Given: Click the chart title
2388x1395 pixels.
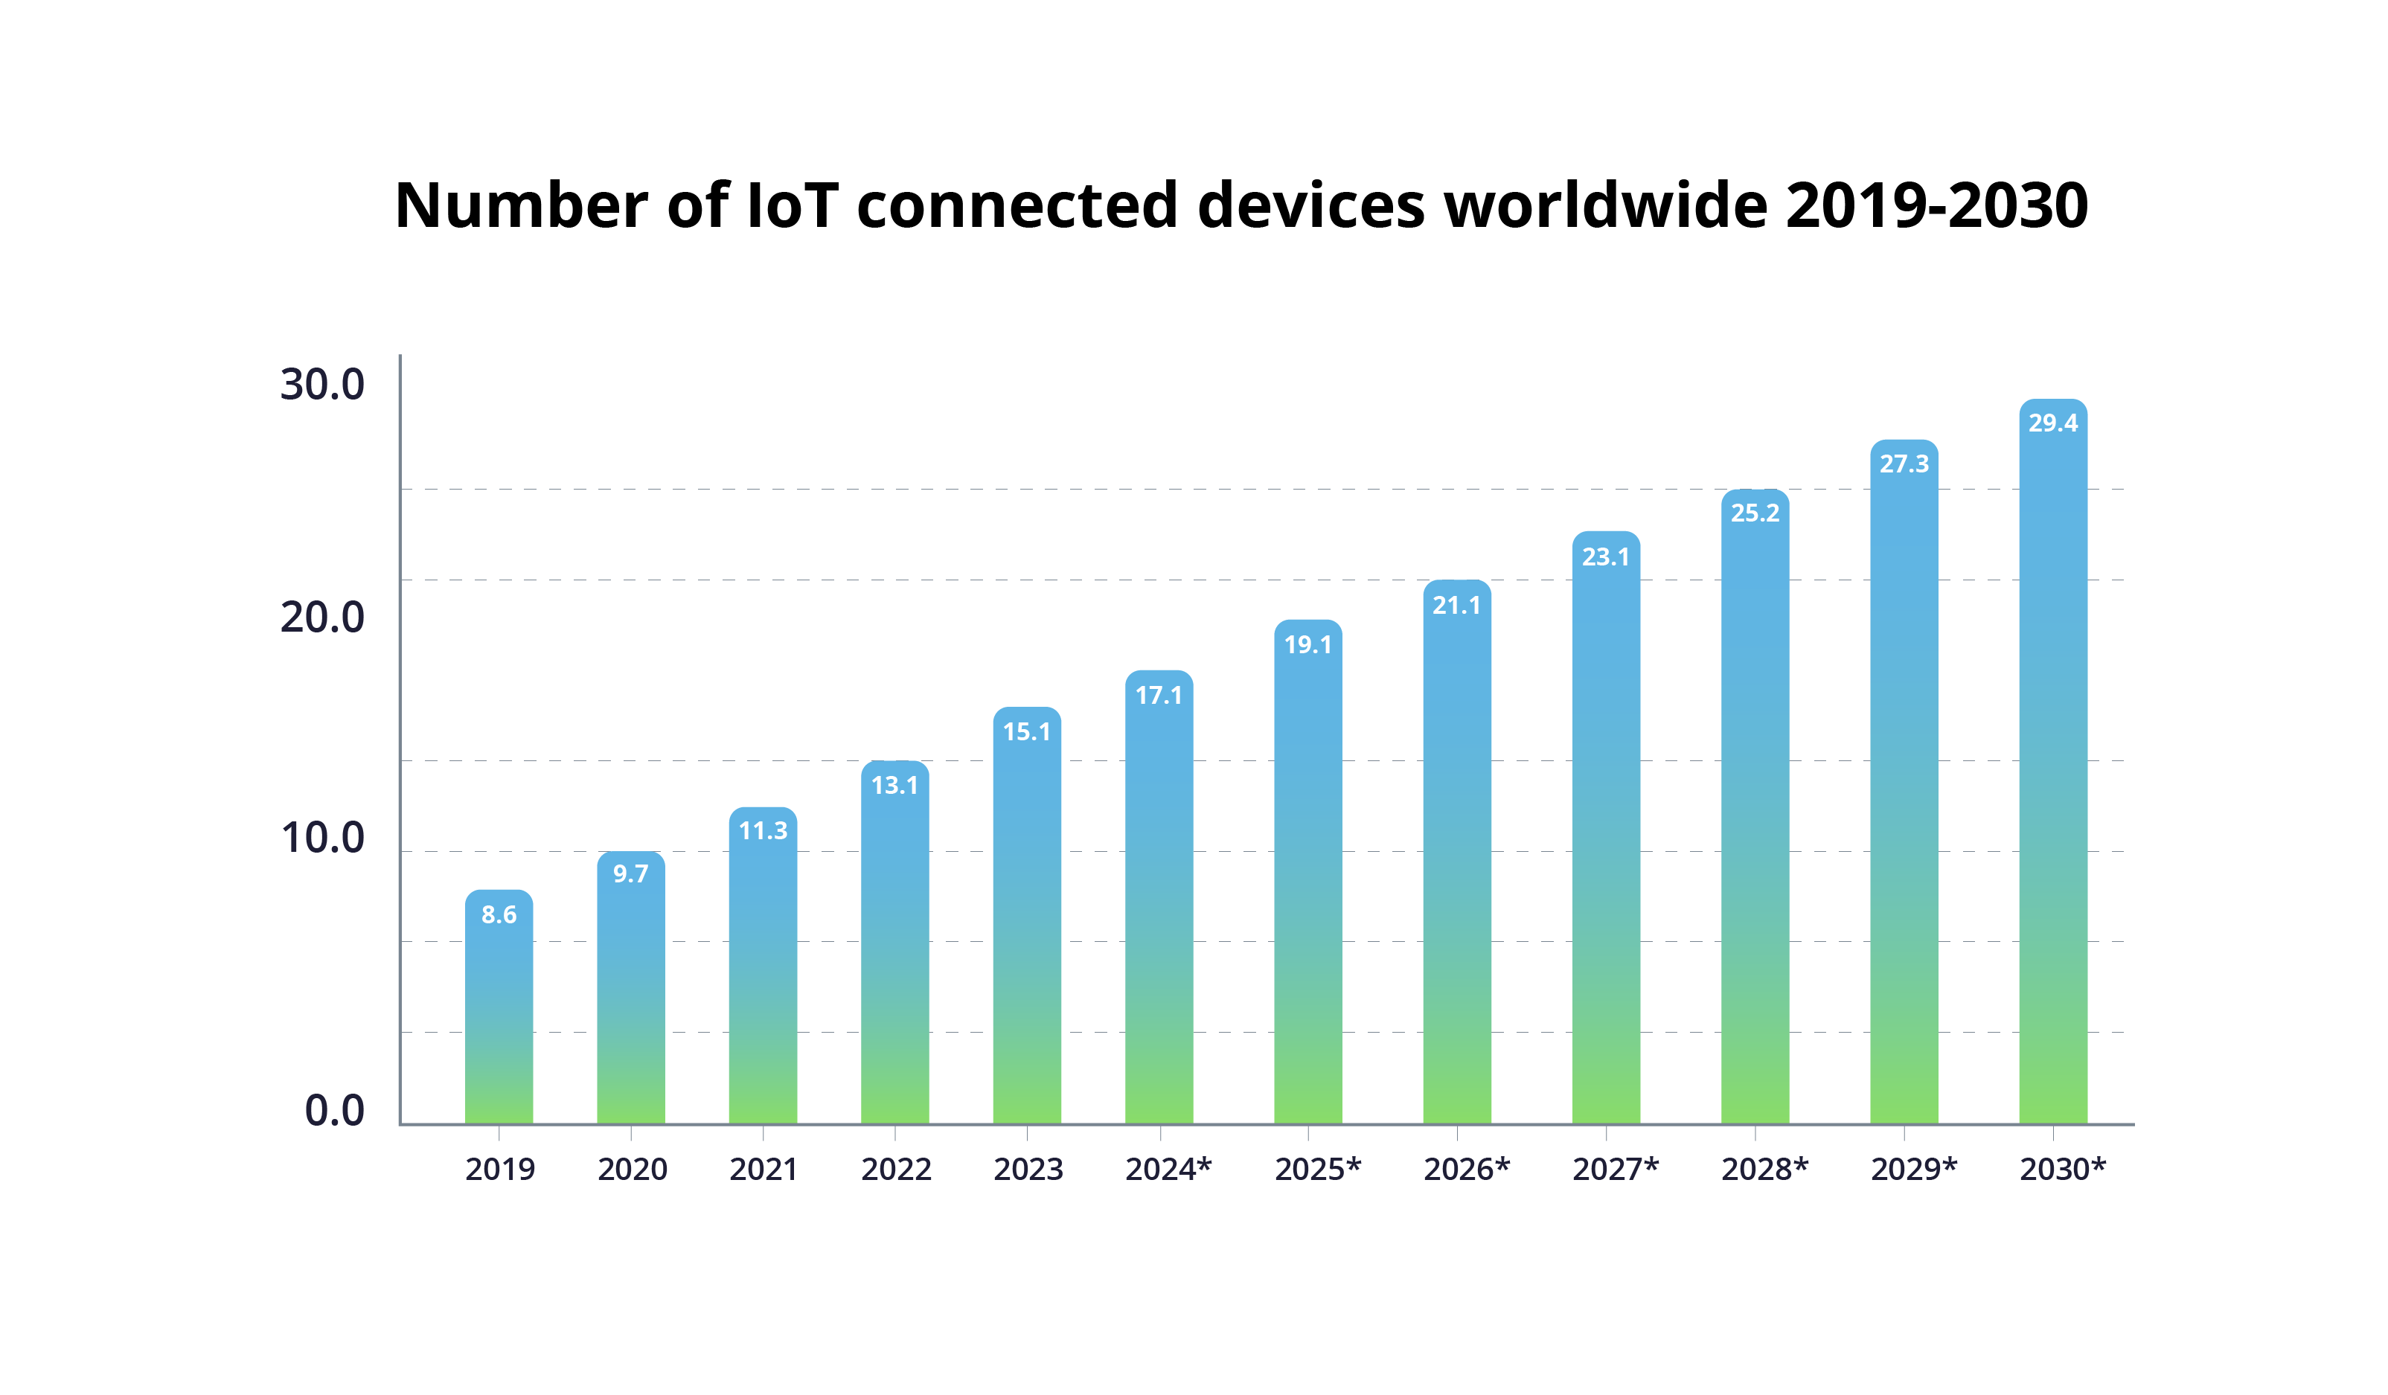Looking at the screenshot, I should [x=1241, y=205].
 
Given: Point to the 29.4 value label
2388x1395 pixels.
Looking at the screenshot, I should [x=2052, y=423].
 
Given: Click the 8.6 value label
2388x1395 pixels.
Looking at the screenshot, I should [x=499, y=914].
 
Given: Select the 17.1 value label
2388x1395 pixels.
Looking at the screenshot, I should [x=1159, y=696].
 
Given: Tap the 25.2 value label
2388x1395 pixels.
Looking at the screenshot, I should [x=1755, y=513].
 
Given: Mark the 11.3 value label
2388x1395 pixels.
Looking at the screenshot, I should [x=763, y=831].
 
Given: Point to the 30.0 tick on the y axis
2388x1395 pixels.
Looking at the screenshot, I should [x=322, y=385].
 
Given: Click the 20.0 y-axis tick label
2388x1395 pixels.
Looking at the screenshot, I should [x=322, y=617].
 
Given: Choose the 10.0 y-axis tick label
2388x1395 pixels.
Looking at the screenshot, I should [x=322, y=838].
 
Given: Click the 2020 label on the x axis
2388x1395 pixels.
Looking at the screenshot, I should [x=632, y=1170].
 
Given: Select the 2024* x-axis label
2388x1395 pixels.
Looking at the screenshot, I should [x=1168, y=1170].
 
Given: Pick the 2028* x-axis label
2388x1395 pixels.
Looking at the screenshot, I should [x=1764, y=1170].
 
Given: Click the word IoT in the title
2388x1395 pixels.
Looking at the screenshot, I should [x=793, y=205].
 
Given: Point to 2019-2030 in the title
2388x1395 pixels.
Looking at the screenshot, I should [x=1936, y=205].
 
